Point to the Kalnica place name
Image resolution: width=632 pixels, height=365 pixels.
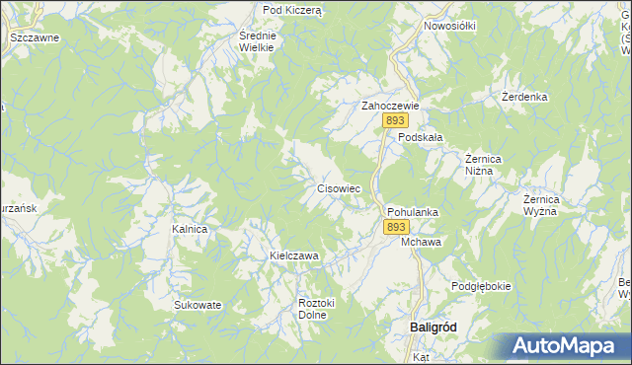point(190,229)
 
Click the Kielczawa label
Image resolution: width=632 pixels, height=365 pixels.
point(294,255)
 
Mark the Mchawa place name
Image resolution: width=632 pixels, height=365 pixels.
point(422,242)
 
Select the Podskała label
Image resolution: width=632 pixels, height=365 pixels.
point(419,138)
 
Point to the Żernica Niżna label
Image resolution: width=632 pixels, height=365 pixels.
point(485,164)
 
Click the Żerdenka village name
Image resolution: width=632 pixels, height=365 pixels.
point(523,98)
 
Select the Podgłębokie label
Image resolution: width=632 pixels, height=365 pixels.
point(481,286)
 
